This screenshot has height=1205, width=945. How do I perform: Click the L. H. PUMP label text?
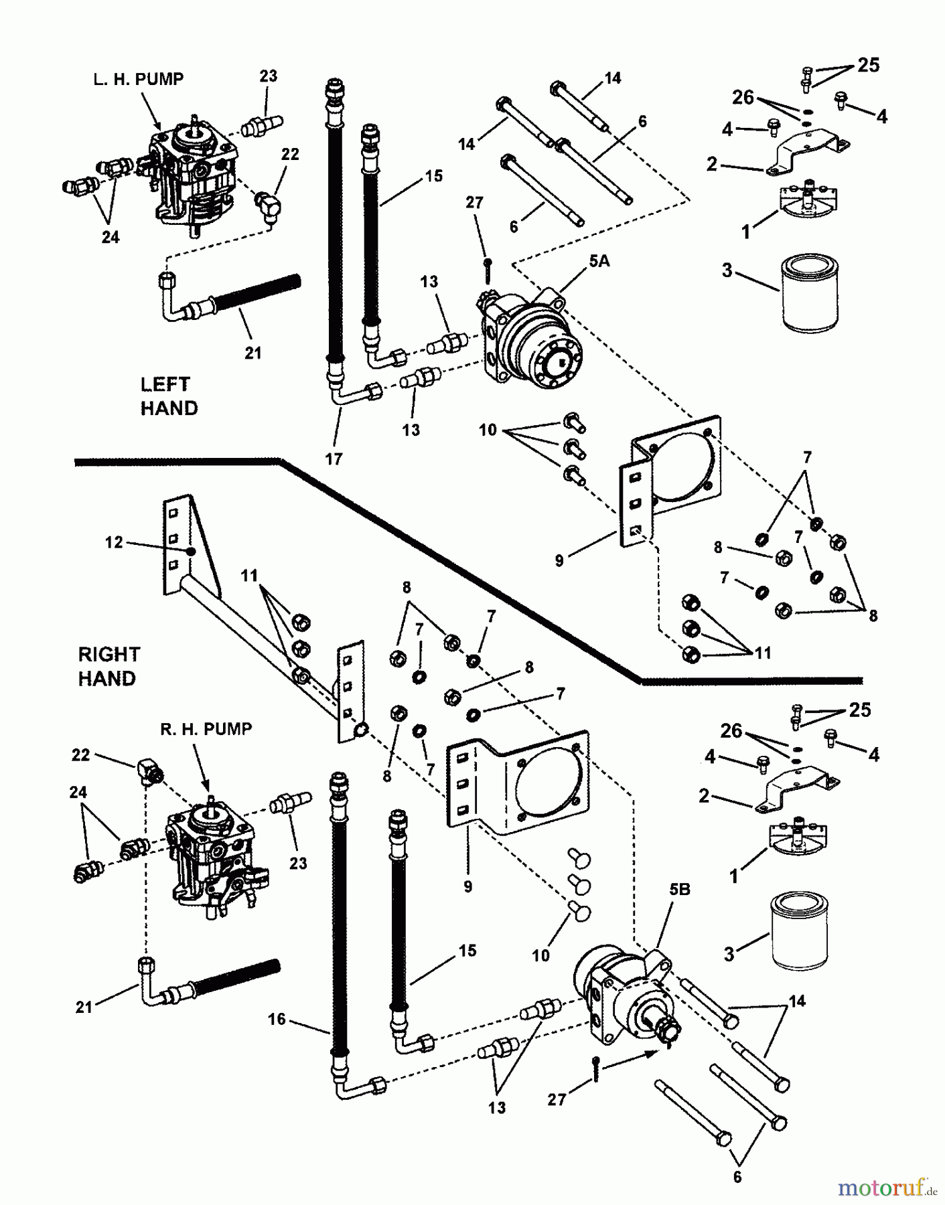point(138,79)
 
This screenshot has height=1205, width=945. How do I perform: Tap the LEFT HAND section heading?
point(168,396)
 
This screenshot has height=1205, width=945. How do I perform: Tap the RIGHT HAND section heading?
point(108,666)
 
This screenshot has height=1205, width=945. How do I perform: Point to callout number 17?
point(333,459)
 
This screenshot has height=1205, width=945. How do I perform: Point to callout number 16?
point(277,1019)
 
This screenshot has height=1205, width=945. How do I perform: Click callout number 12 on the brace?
point(114,542)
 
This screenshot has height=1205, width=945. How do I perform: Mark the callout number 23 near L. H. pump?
point(269,76)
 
